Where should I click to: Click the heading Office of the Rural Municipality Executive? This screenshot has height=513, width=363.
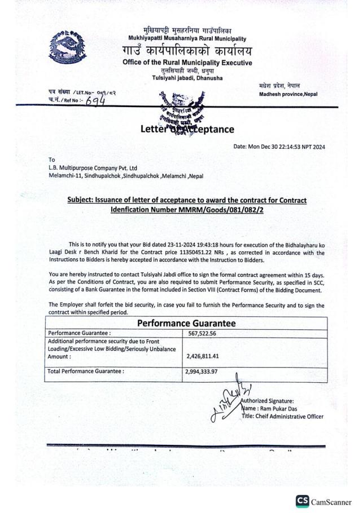(187, 62)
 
